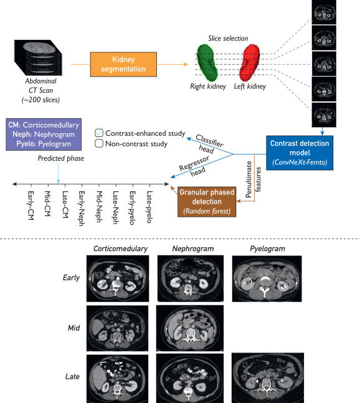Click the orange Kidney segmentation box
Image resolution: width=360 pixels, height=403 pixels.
point(123,64)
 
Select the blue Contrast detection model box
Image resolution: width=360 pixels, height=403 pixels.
point(300,153)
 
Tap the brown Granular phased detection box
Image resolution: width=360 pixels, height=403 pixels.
point(207,202)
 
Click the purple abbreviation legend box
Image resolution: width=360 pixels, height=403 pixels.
point(44,135)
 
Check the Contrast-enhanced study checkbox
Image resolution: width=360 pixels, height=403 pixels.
point(99,133)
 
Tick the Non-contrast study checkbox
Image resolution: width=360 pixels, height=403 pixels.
point(99,143)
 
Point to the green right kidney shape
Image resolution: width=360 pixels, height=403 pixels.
point(207,62)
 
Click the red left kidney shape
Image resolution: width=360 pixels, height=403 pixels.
point(249,62)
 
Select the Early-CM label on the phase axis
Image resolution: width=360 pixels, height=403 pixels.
point(31,206)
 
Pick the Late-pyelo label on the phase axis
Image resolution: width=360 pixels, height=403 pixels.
point(149,207)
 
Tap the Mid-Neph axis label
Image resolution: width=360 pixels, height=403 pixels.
point(99,207)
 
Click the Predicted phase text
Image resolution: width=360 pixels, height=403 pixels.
point(61,158)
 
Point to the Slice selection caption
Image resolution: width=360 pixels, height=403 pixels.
point(228,39)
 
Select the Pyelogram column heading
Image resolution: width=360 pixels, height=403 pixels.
point(267,249)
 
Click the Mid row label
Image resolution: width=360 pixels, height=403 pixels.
point(73,328)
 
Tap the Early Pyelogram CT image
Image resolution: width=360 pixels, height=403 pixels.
point(267,278)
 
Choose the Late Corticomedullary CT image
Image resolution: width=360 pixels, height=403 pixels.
point(118,379)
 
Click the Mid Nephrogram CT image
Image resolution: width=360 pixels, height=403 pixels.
point(190,328)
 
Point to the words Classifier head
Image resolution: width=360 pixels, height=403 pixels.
point(209,144)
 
